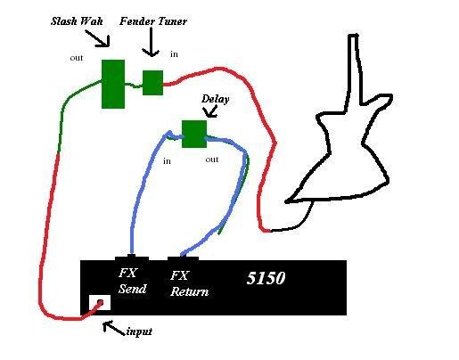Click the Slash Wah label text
point(77,21)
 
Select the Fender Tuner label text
point(153,21)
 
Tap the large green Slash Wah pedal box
point(113,84)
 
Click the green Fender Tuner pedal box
point(152,83)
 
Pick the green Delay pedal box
point(194,134)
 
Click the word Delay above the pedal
point(216,99)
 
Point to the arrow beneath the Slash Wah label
point(98,38)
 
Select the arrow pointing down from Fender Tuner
point(152,42)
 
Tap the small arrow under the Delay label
point(210,111)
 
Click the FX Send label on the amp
point(132,281)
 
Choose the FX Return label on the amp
point(189,283)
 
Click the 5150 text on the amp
point(266,278)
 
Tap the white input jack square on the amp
point(100,302)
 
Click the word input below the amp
point(139,331)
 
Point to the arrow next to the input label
point(114,328)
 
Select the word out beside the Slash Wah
point(77,58)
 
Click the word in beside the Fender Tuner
point(174,54)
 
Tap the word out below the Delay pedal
point(212,160)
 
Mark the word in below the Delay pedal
point(167,161)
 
